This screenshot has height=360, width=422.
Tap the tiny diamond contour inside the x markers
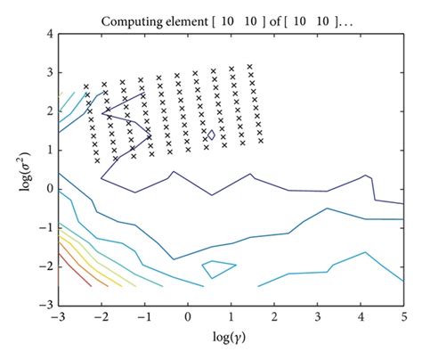tap(210, 134)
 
